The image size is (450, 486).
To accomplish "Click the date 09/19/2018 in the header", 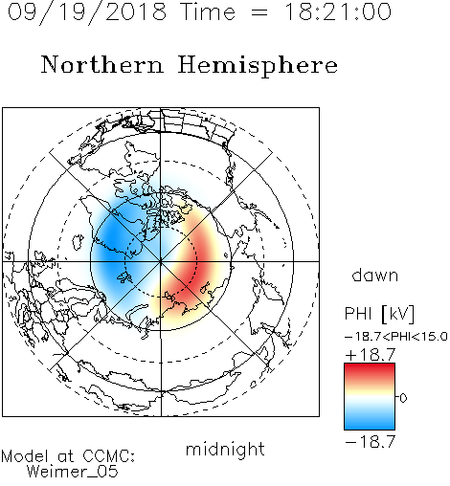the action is [x=87, y=12].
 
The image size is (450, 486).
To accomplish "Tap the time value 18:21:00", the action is [x=338, y=11].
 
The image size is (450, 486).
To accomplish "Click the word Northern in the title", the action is [x=102, y=65].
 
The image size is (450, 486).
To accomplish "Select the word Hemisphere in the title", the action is [x=258, y=66].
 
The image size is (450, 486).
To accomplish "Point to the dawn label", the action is [x=375, y=275].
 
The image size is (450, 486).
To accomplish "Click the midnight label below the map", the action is [x=225, y=450].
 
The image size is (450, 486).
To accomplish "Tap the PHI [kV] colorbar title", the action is [x=379, y=314].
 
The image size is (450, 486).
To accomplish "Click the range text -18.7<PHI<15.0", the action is [x=395, y=337].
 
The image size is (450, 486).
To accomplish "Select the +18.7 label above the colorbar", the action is [x=371, y=355].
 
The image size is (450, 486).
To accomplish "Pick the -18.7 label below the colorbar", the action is [x=371, y=442].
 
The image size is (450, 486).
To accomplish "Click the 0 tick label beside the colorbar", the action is [x=403, y=398].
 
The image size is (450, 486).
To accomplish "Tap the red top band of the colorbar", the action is [x=370, y=371].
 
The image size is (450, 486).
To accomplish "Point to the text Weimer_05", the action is [x=73, y=472].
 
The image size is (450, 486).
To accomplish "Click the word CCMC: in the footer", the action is [x=109, y=456].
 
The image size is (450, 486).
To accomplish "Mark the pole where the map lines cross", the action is [x=161, y=261].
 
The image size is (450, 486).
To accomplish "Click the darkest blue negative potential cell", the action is [x=112, y=238].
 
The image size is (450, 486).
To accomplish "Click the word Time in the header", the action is [x=208, y=12].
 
